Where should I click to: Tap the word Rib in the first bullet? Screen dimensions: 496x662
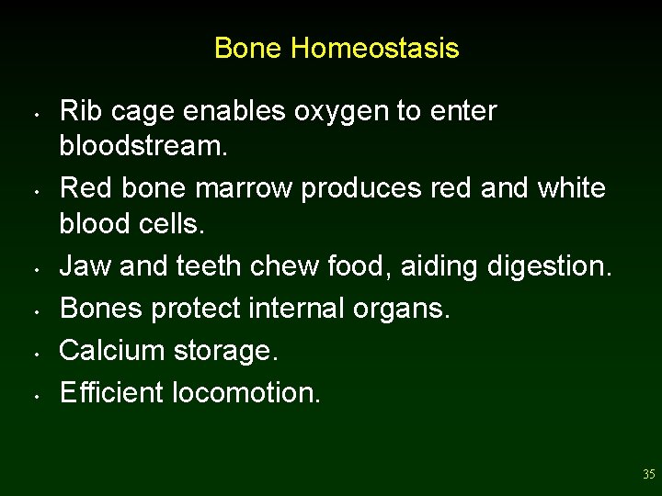click(78, 111)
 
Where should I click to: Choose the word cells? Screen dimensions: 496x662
click(176, 223)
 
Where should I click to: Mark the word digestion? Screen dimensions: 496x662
click(546, 266)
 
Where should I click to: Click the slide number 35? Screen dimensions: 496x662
click(648, 475)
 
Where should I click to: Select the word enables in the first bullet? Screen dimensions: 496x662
click(233, 111)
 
